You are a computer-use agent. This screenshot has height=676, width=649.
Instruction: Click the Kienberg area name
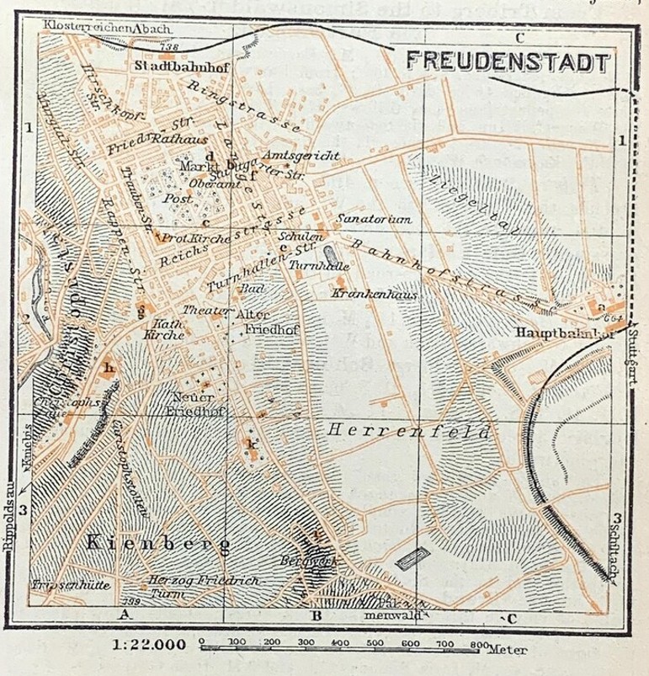pos(157,545)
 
